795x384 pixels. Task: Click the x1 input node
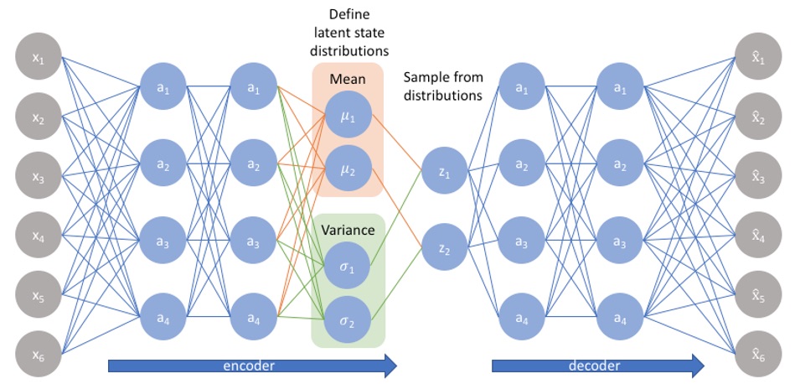(39, 56)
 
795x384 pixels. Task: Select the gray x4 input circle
(39, 235)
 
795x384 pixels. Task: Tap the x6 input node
(39, 355)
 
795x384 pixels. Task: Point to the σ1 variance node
(348, 265)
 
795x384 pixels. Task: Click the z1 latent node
(444, 173)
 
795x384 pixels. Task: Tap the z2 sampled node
(444, 247)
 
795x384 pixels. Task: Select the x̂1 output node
(758, 56)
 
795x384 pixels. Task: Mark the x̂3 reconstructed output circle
(758, 175)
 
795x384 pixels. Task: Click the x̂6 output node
(758, 355)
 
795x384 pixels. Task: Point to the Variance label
(348, 231)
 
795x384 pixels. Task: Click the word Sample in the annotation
(423, 78)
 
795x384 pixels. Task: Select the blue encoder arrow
(252, 366)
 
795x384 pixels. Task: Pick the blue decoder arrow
(598, 366)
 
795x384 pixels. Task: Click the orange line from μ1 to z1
(396, 143)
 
